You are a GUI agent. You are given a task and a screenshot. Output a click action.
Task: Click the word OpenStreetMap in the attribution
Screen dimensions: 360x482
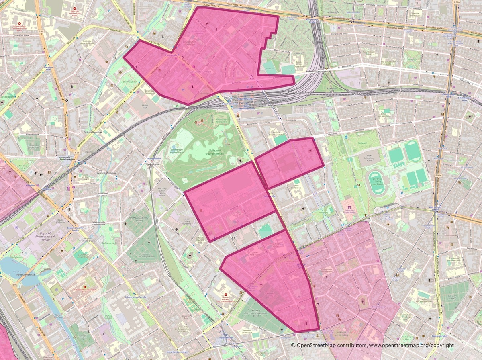[316, 346]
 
